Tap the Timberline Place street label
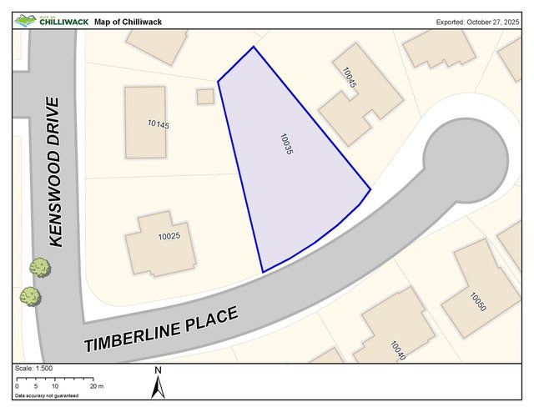(162, 330)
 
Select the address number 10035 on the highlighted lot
(287, 145)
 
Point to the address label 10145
(159, 125)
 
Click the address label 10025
(169, 237)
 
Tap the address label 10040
(398, 350)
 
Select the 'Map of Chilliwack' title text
(128, 22)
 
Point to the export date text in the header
(478, 22)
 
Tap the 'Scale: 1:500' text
(34, 369)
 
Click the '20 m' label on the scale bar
(97, 386)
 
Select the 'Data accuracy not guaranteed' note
(47, 395)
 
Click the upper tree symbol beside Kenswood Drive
(38, 267)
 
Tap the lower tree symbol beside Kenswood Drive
(30, 295)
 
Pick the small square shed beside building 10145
(205, 97)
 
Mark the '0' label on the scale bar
(18, 386)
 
